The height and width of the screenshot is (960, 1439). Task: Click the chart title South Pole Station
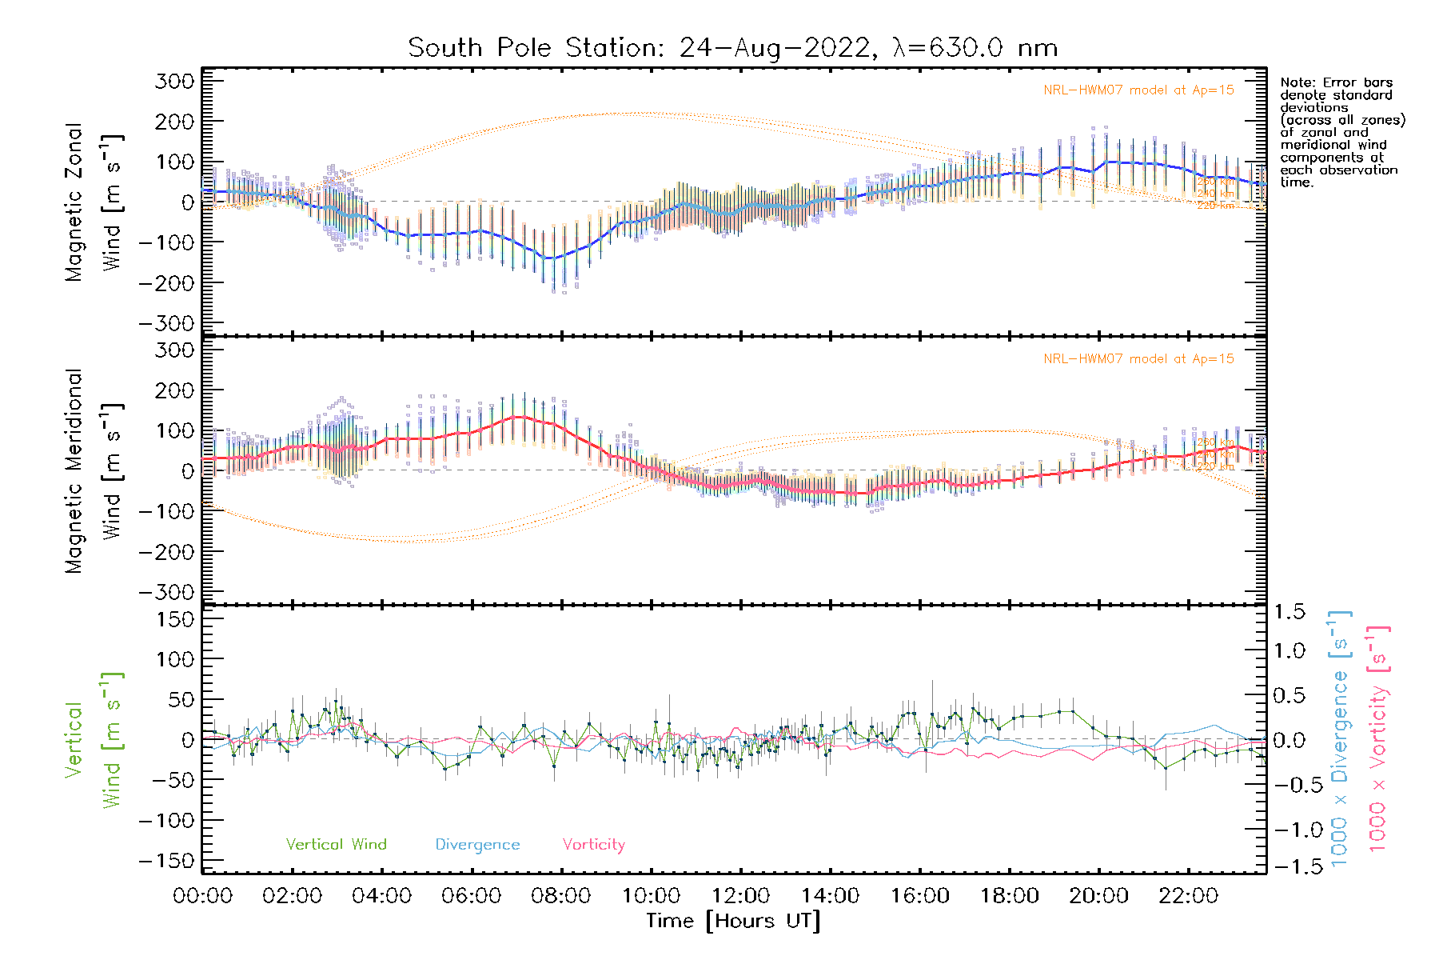[x=732, y=48]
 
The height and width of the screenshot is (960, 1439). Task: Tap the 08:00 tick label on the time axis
[x=560, y=896]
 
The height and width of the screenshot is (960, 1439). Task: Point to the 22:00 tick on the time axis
[x=1188, y=896]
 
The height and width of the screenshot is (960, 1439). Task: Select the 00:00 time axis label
[x=202, y=896]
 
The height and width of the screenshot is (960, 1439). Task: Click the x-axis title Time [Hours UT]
[x=732, y=922]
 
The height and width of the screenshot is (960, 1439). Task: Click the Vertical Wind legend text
[x=336, y=845]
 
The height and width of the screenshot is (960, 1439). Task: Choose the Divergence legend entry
[x=477, y=845]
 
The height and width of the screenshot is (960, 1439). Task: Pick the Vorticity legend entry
[x=593, y=845]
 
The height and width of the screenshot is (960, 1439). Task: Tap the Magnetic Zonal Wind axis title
[x=94, y=202]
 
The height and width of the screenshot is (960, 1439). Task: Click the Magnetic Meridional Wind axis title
[x=94, y=471]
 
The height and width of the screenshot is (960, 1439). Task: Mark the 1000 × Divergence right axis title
[x=1340, y=738]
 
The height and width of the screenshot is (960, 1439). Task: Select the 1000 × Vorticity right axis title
[x=1377, y=738]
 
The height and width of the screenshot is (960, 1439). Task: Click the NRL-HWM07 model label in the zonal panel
[x=1138, y=90]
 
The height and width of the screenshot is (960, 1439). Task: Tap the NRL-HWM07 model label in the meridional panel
[x=1138, y=359]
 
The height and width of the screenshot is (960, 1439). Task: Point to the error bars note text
[x=1341, y=132]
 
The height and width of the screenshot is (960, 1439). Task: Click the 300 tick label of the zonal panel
[x=174, y=82]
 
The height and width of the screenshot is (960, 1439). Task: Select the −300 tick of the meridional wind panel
[x=166, y=592]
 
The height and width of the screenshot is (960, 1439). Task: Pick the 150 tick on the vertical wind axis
[x=174, y=619]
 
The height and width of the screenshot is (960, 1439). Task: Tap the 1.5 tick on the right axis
[x=1290, y=612]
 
